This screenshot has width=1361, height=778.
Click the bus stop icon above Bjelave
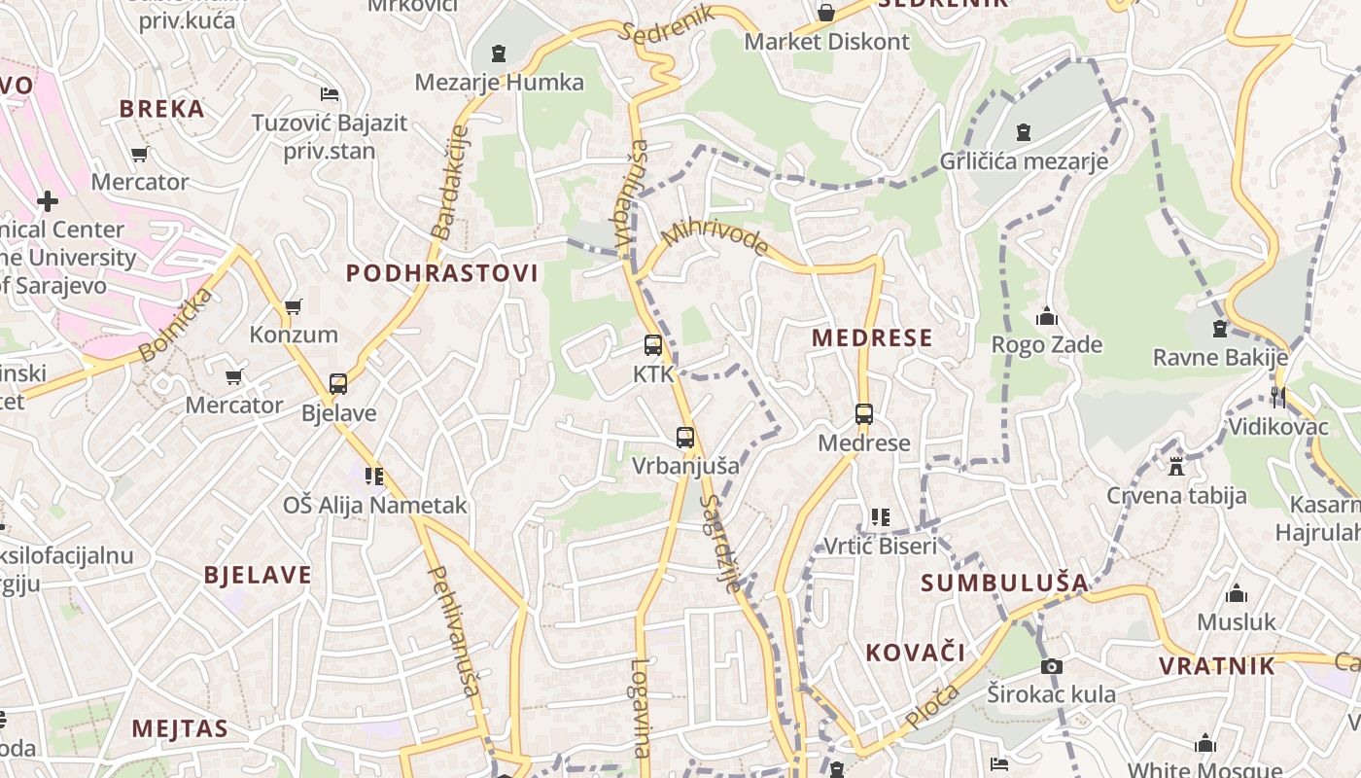[338, 384]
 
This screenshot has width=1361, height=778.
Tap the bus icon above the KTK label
[653, 345]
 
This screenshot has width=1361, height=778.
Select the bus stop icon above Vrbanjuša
[685, 438]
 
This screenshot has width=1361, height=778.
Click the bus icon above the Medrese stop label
[864, 414]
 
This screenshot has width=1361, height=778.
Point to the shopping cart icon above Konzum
[293, 307]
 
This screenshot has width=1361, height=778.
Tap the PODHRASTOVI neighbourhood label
[442, 273]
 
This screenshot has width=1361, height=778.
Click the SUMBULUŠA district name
[1004, 583]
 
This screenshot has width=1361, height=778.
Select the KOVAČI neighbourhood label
[915, 652]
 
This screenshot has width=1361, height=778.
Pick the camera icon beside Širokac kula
[1051, 666]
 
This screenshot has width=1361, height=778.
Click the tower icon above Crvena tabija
[1176, 466]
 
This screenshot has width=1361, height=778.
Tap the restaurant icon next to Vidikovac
[1277, 397]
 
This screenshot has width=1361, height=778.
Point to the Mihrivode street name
[715, 237]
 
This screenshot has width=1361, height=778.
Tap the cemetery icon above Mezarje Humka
[499, 53]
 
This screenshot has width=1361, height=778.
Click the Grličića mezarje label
[1024, 160]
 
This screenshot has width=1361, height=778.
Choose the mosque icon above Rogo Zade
[1047, 316]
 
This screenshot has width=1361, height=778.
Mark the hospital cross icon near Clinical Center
[47, 201]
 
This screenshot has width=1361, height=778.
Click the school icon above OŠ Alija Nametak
[374, 477]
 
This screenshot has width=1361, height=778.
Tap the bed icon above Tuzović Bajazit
[330, 94]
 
